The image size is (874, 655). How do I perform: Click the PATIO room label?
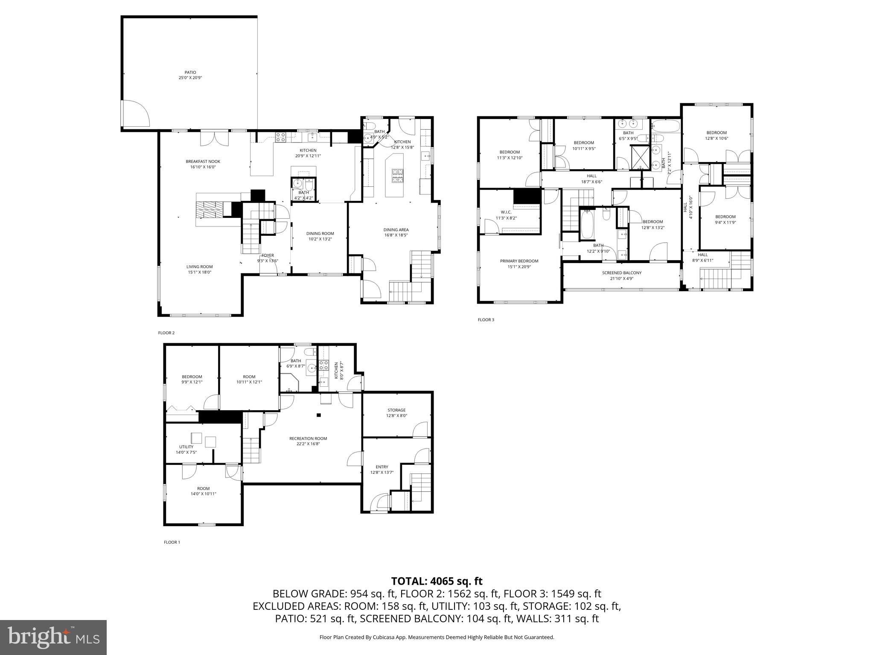pyautogui.click(x=190, y=72)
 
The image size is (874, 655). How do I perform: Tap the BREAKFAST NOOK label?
pyautogui.click(x=203, y=162)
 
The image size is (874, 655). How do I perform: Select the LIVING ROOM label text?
pyautogui.click(x=199, y=267)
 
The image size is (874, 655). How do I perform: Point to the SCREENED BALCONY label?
pyautogui.click(x=621, y=273)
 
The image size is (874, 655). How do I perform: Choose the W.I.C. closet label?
pyautogui.click(x=506, y=212)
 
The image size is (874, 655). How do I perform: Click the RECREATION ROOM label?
pyautogui.click(x=308, y=438)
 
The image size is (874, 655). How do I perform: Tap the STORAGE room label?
pyautogui.click(x=396, y=410)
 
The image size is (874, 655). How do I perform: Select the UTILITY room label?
pyautogui.click(x=186, y=447)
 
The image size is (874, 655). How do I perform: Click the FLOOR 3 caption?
pyautogui.click(x=486, y=319)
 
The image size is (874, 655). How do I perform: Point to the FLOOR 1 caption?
pyautogui.click(x=172, y=542)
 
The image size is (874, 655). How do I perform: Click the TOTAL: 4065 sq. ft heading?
pyautogui.click(x=437, y=581)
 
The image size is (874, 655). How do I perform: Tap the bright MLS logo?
pyautogui.click(x=53, y=638)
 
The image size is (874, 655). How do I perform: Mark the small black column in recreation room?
pyautogui.click(x=318, y=415)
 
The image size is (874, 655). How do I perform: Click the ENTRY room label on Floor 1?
pyautogui.click(x=382, y=467)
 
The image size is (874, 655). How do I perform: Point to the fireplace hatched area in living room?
pyautogui.click(x=210, y=209)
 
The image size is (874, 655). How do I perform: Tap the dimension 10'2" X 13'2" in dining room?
pyautogui.click(x=320, y=239)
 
